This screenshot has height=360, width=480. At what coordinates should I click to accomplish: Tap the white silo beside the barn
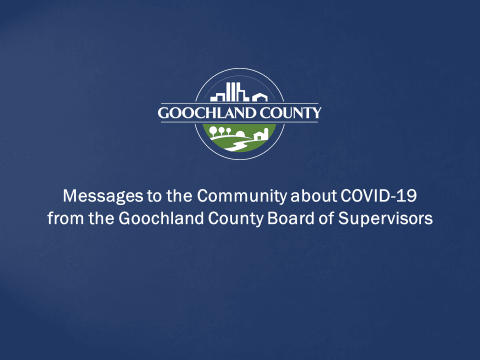[266, 133]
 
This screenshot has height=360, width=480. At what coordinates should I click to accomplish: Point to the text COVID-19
[378, 196]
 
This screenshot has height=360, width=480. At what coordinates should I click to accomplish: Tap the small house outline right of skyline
[259, 97]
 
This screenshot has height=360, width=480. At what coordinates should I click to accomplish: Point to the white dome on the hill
[240, 133]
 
